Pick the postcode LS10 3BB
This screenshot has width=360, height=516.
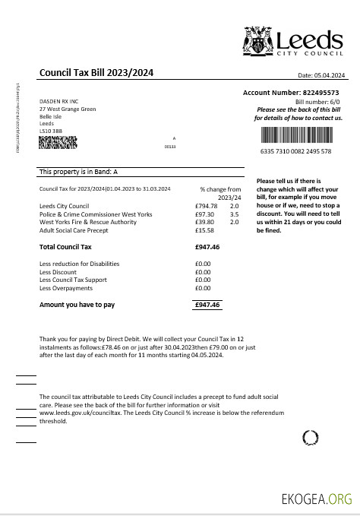coord(50,131)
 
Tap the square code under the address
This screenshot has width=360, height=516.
coord(58,142)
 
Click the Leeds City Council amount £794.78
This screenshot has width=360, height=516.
coord(206,206)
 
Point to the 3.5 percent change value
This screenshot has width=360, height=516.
coord(234,214)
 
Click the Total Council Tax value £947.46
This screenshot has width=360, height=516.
coord(207,247)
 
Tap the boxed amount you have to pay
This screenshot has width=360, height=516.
coord(207,305)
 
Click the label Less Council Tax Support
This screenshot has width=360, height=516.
coord(74,280)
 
